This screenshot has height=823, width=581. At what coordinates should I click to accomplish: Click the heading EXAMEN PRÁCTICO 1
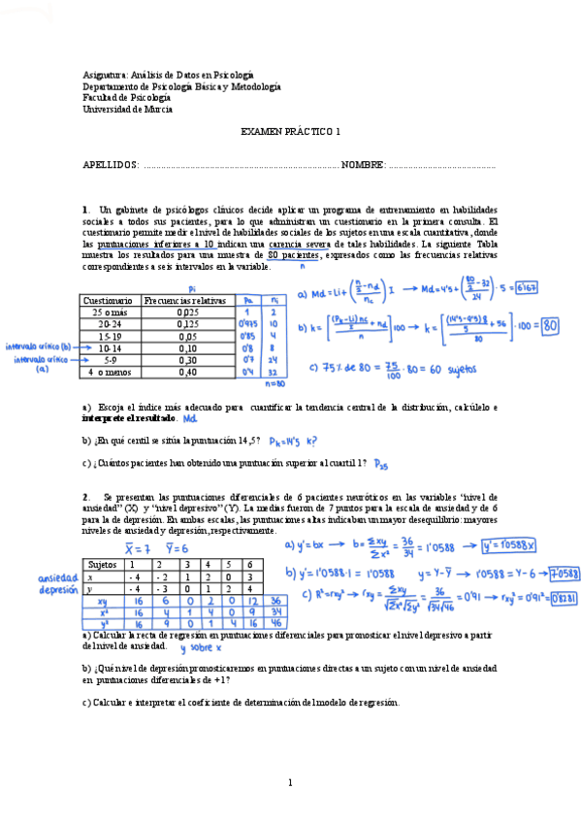click(291, 132)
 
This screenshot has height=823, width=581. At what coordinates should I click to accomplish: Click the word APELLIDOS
click(112, 166)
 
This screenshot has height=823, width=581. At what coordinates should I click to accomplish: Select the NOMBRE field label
click(364, 166)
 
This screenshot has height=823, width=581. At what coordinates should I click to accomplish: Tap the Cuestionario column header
click(108, 301)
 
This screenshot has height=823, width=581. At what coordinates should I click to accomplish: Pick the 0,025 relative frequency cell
click(188, 313)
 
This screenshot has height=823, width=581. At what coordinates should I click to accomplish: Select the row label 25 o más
click(109, 313)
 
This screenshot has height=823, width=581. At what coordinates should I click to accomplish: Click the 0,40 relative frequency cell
click(188, 372)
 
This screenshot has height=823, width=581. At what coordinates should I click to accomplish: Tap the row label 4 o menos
click(108, 372)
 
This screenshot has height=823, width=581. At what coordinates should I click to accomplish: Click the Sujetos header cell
click(103, 564)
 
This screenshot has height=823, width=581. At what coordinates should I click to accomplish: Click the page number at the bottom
click(290, 782)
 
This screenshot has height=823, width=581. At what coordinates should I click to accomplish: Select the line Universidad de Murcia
click(128, 110)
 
